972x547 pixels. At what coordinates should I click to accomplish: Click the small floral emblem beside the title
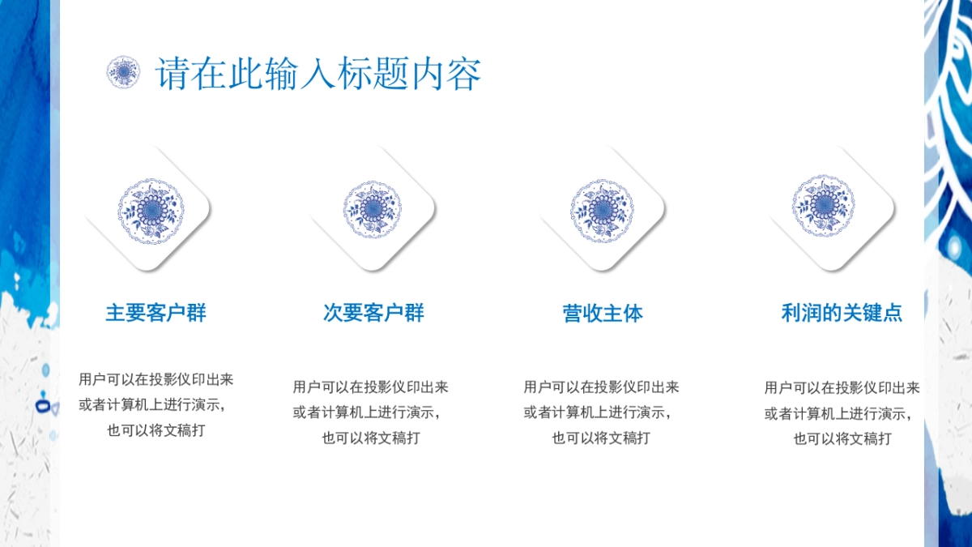123,72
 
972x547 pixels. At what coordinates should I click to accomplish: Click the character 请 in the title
173,74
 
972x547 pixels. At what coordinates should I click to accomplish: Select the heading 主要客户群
156,313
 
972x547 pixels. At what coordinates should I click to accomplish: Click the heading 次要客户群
373,313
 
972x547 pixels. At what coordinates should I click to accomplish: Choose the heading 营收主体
603,313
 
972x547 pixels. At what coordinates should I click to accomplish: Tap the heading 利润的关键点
842,313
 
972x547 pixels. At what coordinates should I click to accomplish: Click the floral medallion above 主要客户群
151,211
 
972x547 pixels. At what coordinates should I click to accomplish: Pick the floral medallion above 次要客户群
373,209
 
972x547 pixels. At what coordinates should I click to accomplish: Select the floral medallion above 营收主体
602,211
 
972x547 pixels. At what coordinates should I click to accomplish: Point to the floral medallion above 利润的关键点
823,206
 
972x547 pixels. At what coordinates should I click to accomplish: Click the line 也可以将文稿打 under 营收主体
601,438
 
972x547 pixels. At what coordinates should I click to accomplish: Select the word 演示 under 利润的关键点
893,414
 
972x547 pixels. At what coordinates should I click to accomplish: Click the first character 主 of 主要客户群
115,313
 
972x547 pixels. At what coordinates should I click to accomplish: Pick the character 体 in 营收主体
633,313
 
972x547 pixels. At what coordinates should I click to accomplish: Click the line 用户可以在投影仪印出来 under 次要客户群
371,387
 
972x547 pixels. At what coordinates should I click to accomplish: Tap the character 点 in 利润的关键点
893,313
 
